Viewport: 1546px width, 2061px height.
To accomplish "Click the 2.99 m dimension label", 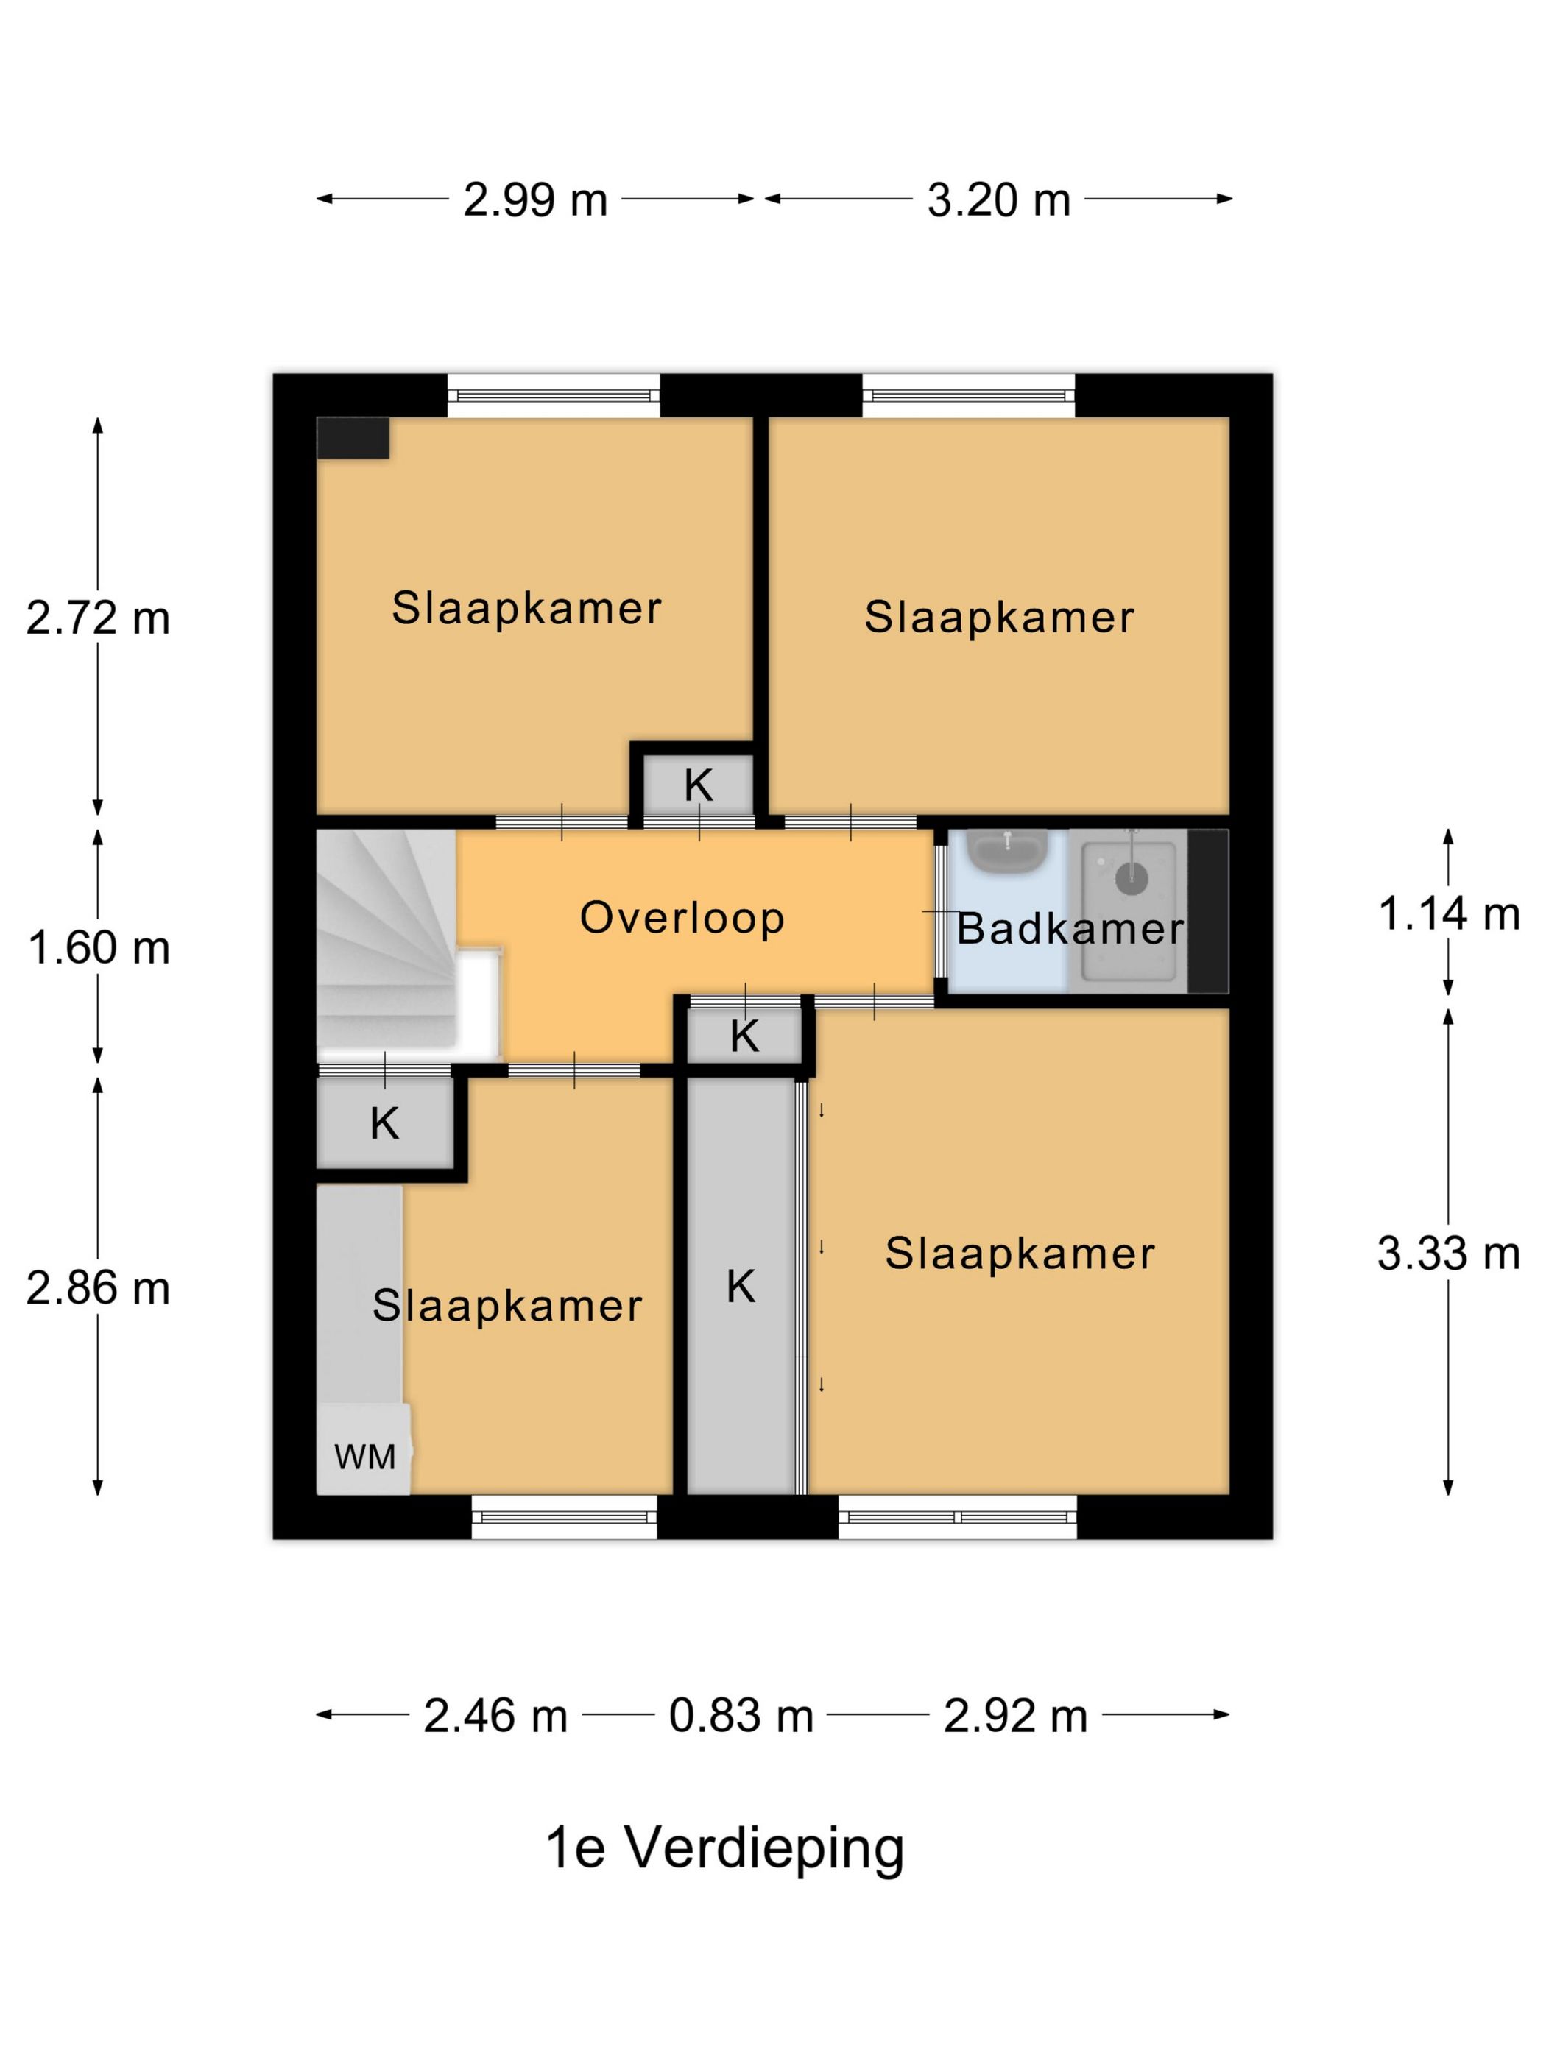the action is (x=535, y=200).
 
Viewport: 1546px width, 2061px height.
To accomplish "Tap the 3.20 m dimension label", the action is (x=998, y=200).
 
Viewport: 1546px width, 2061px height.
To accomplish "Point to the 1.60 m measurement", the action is (x=99, y=947).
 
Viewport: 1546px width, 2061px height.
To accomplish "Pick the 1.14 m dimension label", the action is (x=1449, y=914).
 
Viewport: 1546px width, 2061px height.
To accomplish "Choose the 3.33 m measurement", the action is (x=1449, y=1254).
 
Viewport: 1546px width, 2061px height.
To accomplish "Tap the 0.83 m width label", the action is (x=741, y=1715).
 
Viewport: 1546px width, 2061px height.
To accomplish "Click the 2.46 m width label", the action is (x=495, y=1715).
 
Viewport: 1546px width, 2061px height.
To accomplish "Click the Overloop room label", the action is (x=682, y=918).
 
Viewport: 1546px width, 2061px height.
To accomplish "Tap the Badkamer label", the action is (x=1070, y=929).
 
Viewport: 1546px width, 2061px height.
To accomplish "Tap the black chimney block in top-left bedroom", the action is (x=352, y=438).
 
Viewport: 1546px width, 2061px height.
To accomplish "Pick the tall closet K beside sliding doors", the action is (x=740, y=1287).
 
